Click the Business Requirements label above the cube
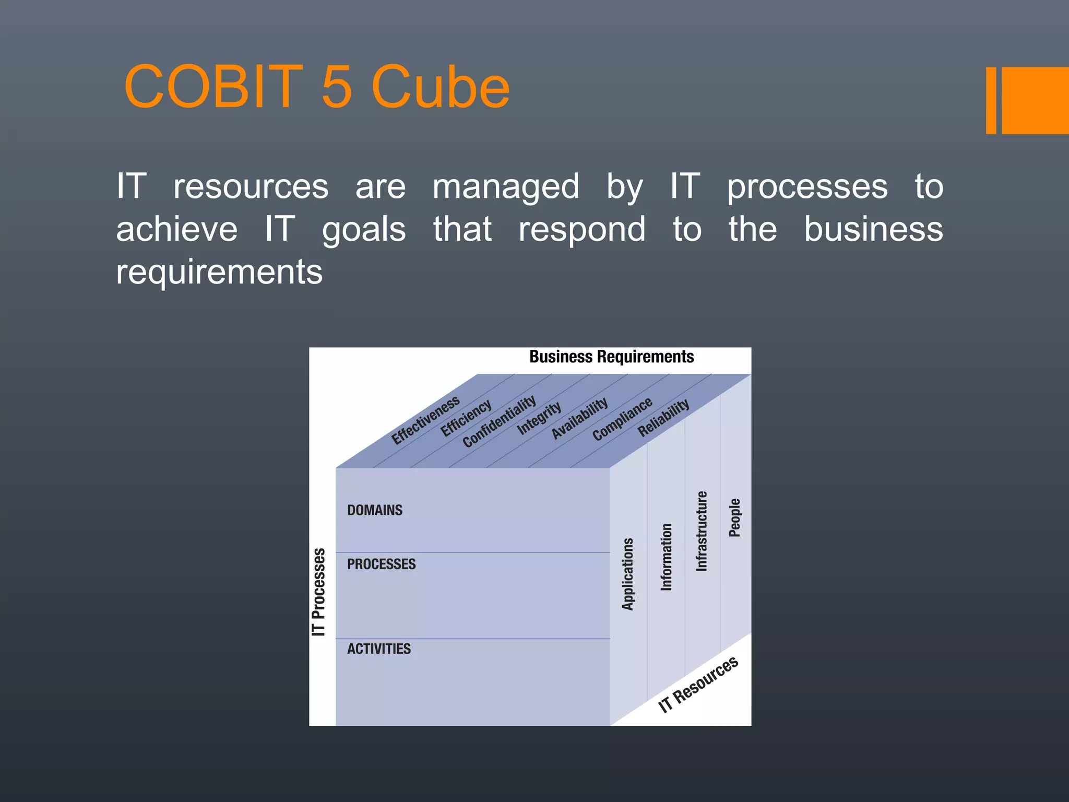pos(611,357)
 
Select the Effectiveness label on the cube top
pos(425,420)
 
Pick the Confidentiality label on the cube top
pos(499,421)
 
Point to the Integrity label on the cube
pos(539,418)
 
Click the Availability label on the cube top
pos(579,418)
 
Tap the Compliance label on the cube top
pos(622,418)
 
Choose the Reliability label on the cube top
pos(663,418)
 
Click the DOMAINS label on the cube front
pos(375,510)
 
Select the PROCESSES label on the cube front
pos(381,564)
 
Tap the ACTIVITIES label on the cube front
pos(379,649)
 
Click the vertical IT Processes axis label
pos(318,592)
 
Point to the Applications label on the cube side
pos(628,574)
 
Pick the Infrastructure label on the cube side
pos(702,531)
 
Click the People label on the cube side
pos(735,517)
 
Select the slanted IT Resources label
pos(698,685)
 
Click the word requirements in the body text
pos(219,272)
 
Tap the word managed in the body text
pos(506,187)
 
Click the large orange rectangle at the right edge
pos(1035,100)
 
